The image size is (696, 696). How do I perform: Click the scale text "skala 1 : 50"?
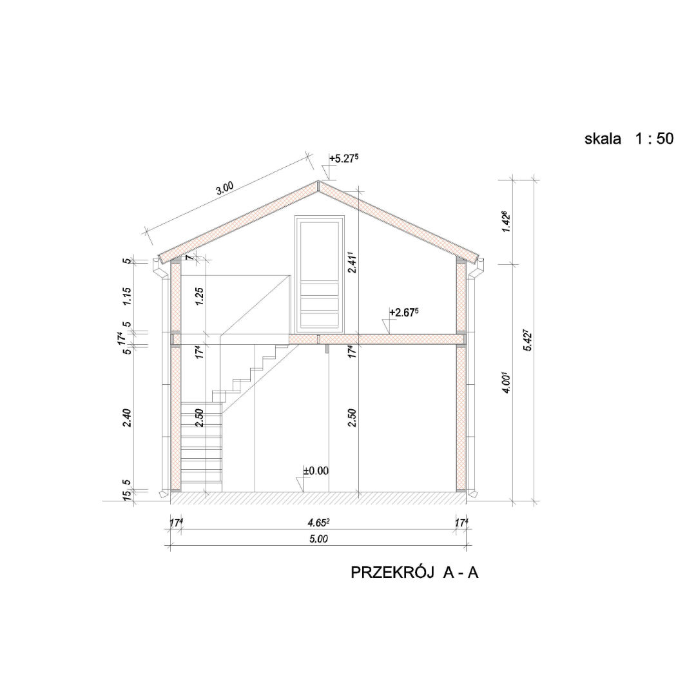pyautogui.click(x=628, y=139)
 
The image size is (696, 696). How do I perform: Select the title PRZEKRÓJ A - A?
pyautogui.click(x=414, y=573)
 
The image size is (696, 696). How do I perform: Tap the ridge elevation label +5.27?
pyautogui.click(x=343, y=159)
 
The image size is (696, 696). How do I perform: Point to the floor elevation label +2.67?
pyautogui.click(x=404, y=313)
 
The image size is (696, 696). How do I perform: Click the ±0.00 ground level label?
pyautogui.click(x=316, y=470)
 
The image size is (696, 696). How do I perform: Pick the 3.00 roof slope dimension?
pyautogui.click(x=225, y=188)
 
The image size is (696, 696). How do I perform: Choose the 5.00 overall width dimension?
pyautogui.click(x=318, y=539)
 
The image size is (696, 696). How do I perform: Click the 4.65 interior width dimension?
pyautogui.click(x=318, y=523)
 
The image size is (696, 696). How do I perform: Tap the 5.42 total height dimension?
pyautogui.click(x=527, y=340)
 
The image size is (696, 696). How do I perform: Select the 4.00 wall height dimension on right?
pyautogui.click(x=507, y=383)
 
